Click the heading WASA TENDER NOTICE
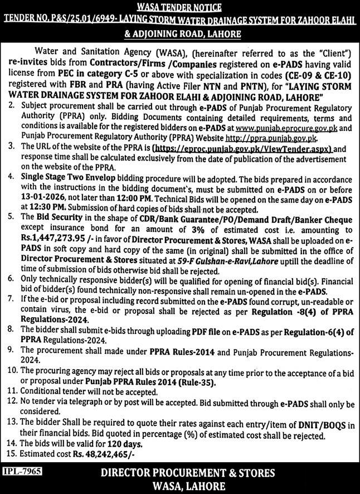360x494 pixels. (x=180, y=7)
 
